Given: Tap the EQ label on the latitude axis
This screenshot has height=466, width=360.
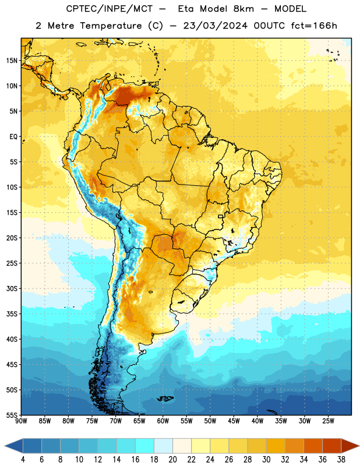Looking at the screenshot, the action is [x=13, y=137].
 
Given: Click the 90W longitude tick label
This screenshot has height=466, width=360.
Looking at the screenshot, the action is [x=21, y=421].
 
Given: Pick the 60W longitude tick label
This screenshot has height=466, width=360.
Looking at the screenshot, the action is [x=163, y=421].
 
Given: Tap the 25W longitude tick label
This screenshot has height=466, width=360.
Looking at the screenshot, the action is [x=328, y=421].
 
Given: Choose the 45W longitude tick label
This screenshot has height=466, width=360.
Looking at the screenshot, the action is [x=234, y=421].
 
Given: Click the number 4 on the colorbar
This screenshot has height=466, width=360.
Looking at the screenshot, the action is [x=23, y=460].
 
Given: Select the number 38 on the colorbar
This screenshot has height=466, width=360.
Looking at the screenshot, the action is [x=341, y=460].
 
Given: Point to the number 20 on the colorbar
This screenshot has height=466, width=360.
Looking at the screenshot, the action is [x=172, y=460].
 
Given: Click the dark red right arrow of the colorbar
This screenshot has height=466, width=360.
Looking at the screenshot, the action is [x=350, y=446].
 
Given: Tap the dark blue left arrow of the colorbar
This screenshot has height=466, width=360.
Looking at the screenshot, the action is [x=14, y=446].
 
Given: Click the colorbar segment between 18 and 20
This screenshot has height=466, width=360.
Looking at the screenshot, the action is [x=163, y=446].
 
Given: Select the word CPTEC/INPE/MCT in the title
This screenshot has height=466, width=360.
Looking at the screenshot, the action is [x=110, y=9].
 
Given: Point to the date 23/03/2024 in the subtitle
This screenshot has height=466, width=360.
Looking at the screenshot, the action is [x=215, y=26].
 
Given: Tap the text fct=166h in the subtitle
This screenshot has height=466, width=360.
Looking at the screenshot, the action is [x=314, y=26].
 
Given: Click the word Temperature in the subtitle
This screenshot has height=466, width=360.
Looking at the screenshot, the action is [x=111, y=26].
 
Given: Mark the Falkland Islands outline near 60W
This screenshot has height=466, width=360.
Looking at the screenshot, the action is [x=165, y=398].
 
